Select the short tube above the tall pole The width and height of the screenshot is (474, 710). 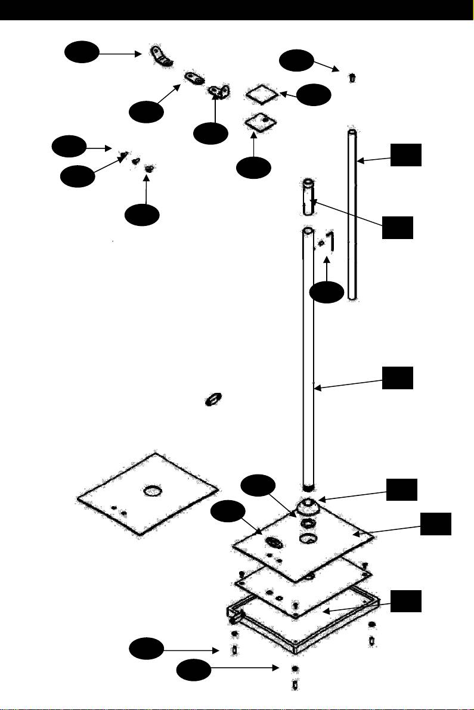coord(308,197)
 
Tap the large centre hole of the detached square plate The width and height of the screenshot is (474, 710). coord(152,492)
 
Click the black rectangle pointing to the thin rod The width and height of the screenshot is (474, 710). coord(406,154)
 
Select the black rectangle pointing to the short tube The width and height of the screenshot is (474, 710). coord(397,228)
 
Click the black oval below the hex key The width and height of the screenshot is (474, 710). coord(327,292)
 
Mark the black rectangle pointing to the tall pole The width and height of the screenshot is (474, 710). coord(397,379)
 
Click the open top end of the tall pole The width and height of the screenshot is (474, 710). coord(307,230)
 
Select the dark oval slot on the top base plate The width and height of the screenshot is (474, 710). coord(274,543)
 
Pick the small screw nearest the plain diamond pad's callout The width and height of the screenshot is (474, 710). coord(352,77)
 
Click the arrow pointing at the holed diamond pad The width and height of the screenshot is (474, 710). coord(255,143)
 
